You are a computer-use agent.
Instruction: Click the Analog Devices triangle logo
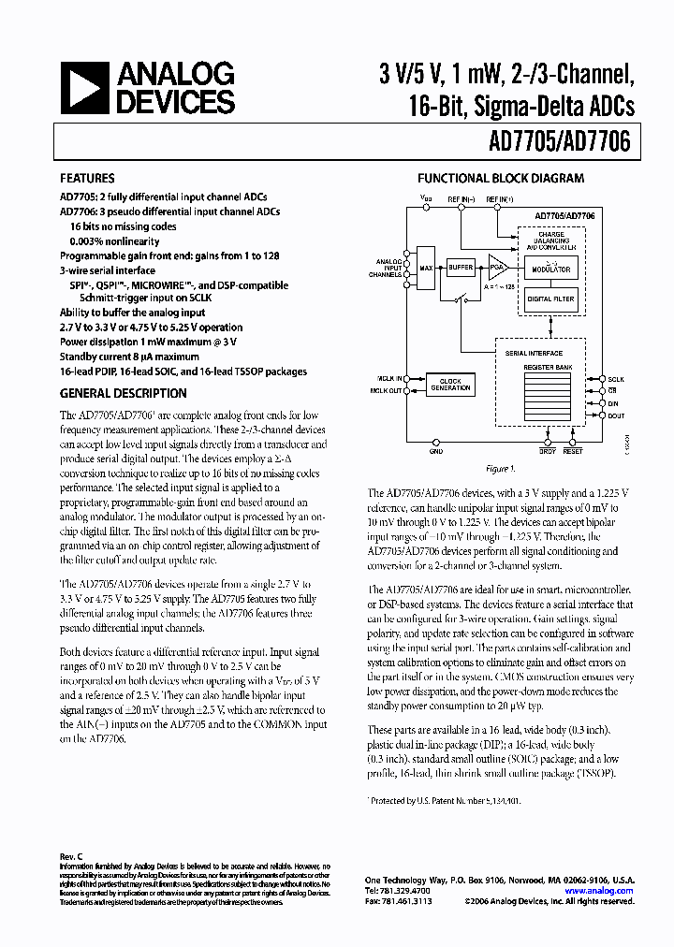[x=83, y=90]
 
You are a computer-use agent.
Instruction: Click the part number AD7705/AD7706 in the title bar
[x=559, y=141]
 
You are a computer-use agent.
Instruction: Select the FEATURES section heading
[x=87, y=178]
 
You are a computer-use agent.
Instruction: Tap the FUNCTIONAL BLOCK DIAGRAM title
[x=501, y=178]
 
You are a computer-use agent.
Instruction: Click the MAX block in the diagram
[x=427, y=268]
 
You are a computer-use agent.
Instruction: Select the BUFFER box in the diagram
[x=460, y=268]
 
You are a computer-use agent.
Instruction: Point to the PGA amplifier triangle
[x=497, y=268]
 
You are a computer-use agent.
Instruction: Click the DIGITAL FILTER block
[x=551, y=299]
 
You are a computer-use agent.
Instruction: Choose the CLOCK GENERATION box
[x=450, y=385]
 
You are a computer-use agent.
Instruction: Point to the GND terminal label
[x=435, y=451]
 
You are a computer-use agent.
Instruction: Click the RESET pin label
[x=573, y=451]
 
